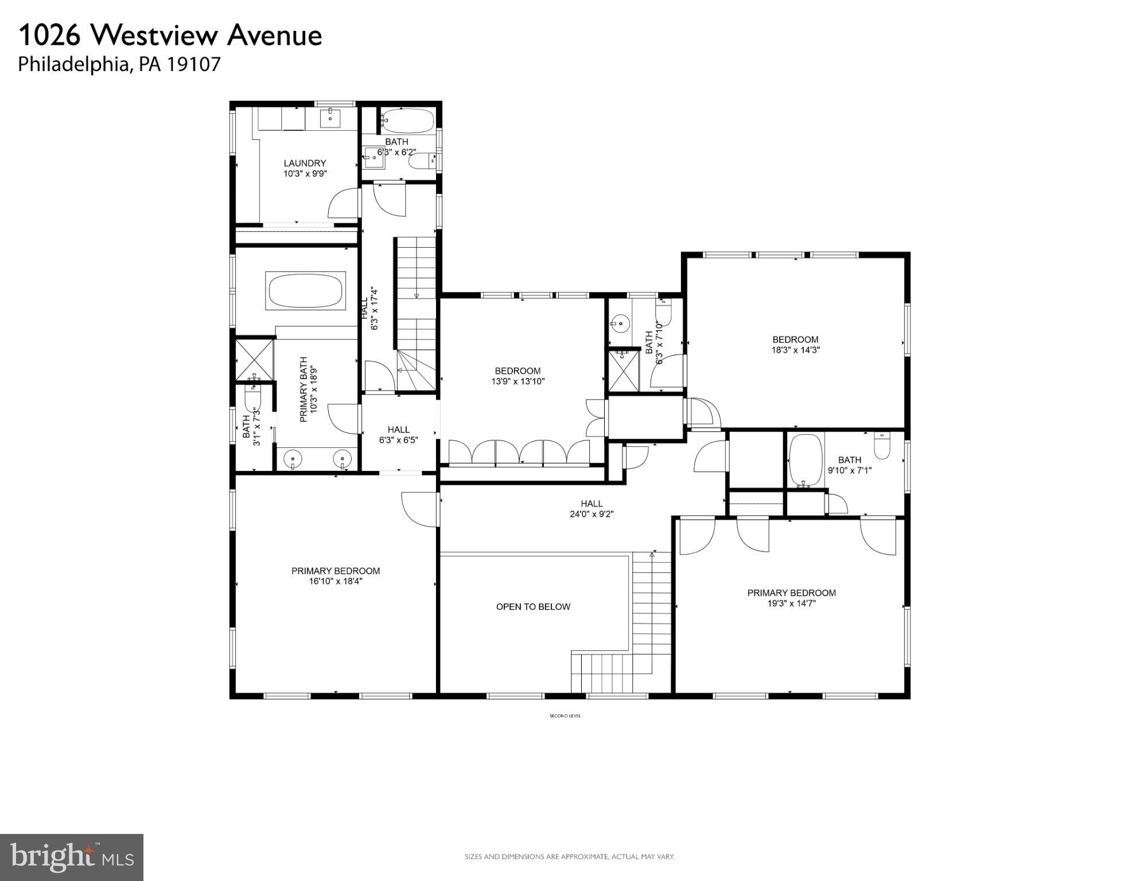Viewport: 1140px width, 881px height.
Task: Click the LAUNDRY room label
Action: click(x=305, y=163)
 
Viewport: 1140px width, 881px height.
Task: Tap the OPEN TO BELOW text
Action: click(x=533, y=607)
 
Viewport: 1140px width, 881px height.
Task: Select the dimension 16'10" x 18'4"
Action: click(x=336, y=582)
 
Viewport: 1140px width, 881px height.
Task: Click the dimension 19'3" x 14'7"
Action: click(x=791, y=603)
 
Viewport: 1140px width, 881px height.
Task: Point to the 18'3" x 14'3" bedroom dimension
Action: click(x=795, y=350)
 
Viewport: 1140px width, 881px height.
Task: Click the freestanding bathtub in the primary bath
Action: click(x=305, y=291)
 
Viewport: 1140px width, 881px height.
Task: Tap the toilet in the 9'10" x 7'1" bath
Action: click(x=882, y=446)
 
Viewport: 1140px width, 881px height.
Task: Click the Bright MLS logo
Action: click(x=72, y=857)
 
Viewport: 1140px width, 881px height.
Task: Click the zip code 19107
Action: click(x=193, y=64)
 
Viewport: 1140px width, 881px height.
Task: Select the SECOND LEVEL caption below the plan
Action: click(x=565, y=716)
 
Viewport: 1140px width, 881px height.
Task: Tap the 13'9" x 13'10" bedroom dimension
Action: click(x=518, y=381)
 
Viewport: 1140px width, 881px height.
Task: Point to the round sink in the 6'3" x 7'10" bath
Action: click(x=620, y=323)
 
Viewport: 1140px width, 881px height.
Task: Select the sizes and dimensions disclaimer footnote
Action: click(x=569, y=857)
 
